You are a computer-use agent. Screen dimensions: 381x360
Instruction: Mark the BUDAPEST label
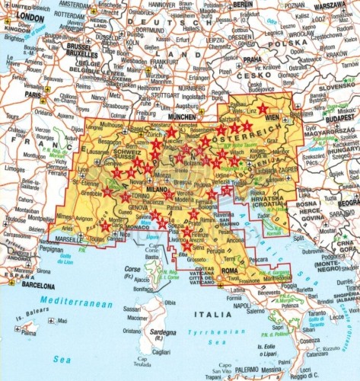click(x=339, y=120)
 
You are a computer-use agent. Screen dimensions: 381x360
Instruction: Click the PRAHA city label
click(x=252, y=59)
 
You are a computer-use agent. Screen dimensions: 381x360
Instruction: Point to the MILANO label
click(x=156, y=188)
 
